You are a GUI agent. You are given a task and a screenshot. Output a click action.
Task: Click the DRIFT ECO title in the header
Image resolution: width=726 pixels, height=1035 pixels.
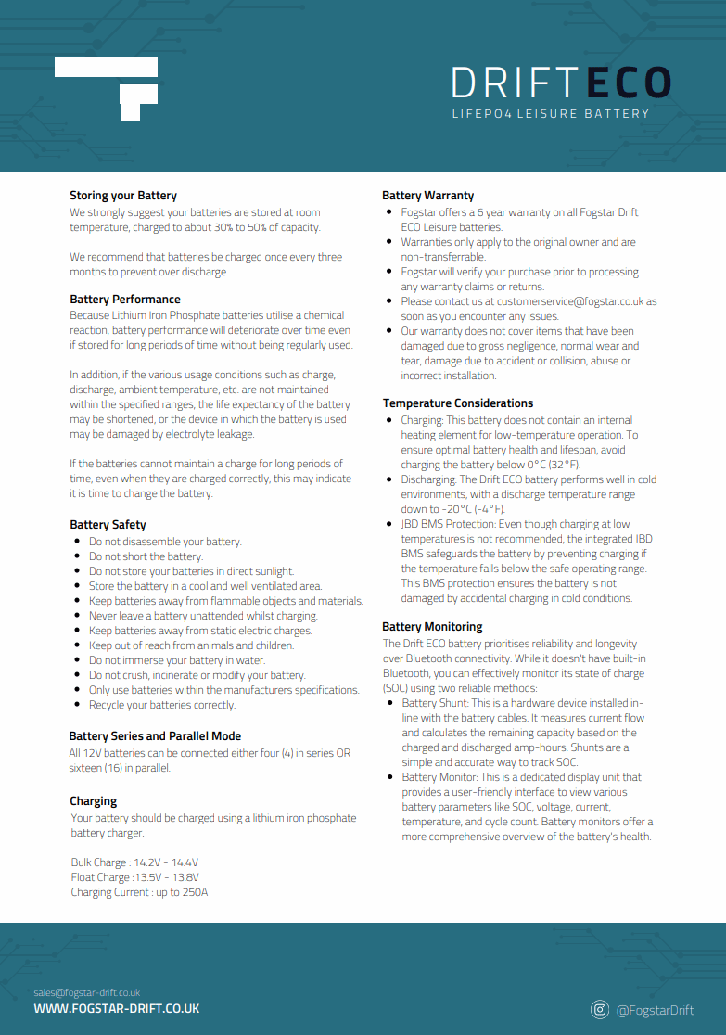(560, 83)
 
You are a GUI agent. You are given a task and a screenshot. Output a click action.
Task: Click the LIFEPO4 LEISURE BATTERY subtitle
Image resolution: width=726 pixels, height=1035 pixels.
(551, 114)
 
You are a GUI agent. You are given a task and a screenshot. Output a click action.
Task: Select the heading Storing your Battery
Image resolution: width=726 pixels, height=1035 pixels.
(123, 196)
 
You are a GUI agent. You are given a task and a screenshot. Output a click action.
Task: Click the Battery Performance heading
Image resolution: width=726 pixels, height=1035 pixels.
(125, 300)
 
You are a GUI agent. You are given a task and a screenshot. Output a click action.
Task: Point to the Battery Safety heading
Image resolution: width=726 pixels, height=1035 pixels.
(108, 525)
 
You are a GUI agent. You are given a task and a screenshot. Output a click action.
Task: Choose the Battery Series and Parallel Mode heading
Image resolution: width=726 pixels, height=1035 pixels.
(155, 736)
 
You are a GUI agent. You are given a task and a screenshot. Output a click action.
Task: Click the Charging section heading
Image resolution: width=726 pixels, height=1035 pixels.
(94, 801)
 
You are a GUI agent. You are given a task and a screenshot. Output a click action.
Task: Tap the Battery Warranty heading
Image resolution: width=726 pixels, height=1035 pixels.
(427, 196)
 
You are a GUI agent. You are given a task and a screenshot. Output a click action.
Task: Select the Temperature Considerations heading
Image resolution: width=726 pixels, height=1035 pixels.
(458, 403)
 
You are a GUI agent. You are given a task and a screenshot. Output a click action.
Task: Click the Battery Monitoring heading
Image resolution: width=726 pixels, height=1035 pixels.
(432, 627)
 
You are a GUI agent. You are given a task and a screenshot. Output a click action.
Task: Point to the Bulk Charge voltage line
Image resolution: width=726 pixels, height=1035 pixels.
(134, 862)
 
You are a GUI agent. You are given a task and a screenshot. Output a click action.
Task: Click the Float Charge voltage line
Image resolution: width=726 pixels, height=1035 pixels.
(134, 877)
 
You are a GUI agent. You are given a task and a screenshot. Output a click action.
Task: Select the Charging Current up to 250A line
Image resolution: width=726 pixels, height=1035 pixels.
(139, 892)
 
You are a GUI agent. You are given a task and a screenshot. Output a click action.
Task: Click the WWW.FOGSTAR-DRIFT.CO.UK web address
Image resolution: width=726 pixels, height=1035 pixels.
(117, 1008)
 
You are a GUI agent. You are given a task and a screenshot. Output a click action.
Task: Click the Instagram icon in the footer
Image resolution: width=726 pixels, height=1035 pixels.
(600, 1009)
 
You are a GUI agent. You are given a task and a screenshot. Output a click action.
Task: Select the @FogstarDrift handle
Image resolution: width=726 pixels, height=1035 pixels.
(655, 1010)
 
